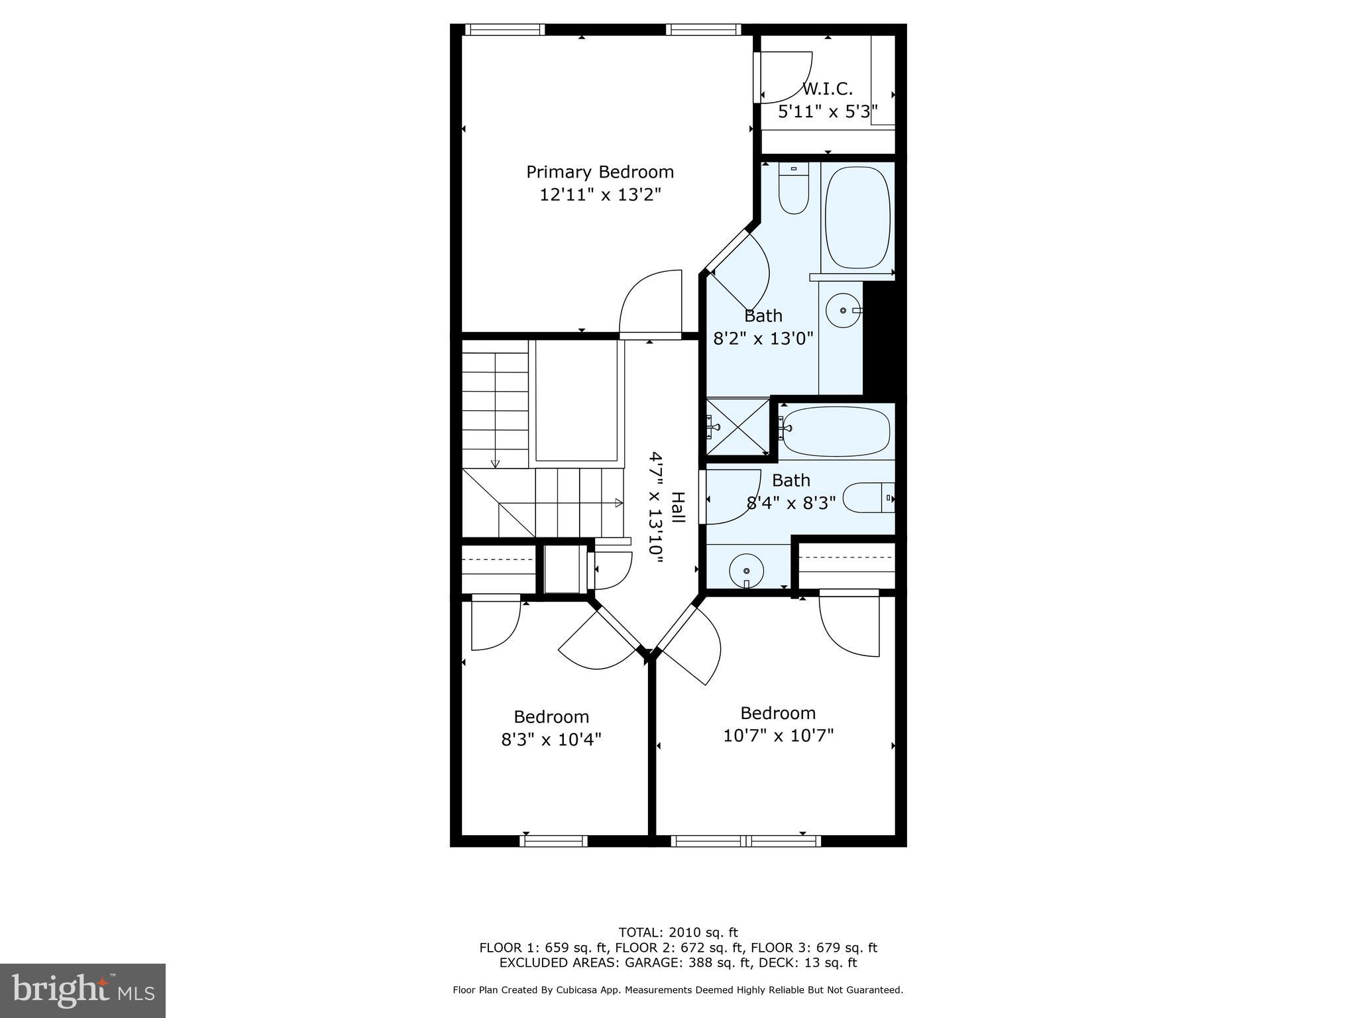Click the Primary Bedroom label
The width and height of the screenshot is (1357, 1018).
[600, 172]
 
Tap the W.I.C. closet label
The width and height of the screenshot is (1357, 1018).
[827, 89]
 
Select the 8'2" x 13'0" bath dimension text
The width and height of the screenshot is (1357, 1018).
[763, 339]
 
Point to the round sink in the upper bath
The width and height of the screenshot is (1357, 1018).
[843, 310]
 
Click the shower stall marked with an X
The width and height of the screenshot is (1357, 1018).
[737, 427]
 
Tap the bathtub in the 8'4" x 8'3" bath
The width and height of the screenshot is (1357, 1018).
[836, 431]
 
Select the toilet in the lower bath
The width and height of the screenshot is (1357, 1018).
[869, 498]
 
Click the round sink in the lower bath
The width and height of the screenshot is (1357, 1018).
[747, 570]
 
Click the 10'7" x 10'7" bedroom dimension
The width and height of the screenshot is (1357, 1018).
[778, 736]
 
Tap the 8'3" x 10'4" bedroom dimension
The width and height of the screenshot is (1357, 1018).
[551, 739]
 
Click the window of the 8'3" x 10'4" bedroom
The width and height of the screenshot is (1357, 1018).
[553, 840]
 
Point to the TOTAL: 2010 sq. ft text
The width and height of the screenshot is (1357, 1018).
[678, 933]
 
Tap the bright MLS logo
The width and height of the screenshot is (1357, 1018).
[83, 991]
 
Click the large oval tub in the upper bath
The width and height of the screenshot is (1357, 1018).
[858, 217]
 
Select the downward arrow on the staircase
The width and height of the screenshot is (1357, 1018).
[495, 462]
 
